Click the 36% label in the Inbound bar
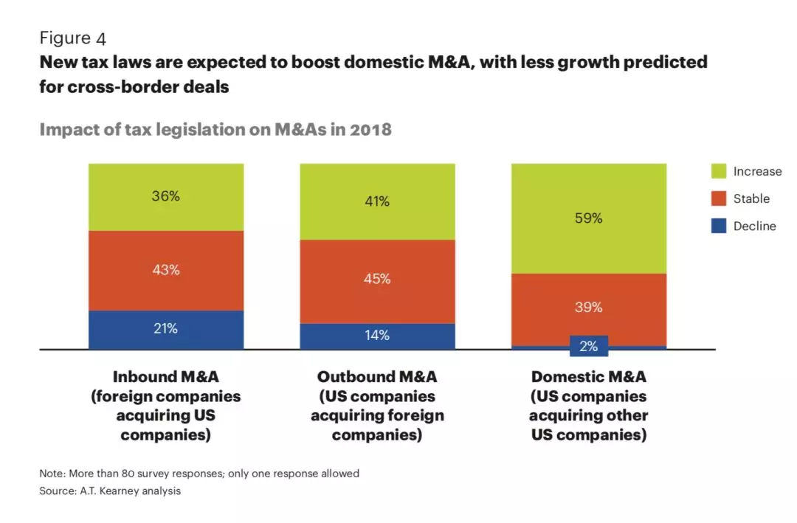[166, 196]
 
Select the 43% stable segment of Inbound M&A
[166, 270]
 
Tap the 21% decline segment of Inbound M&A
[166, 329]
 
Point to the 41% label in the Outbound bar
[377, 201]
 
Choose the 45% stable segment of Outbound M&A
[377, 280]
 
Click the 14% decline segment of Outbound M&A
[377, 336]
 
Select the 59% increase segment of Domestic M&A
[589, 218]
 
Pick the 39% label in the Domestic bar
[589, 308]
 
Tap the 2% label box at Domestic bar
[589, 346]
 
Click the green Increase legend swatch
[719, 171]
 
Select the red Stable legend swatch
[719, 198]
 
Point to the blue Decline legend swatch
[719, 226]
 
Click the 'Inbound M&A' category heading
[166, 377]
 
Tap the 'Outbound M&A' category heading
[377, 377]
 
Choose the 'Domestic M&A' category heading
[589, 377]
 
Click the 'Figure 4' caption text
[73, 38]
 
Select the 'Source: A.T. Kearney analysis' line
[110, 491]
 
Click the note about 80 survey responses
[199, 473]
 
